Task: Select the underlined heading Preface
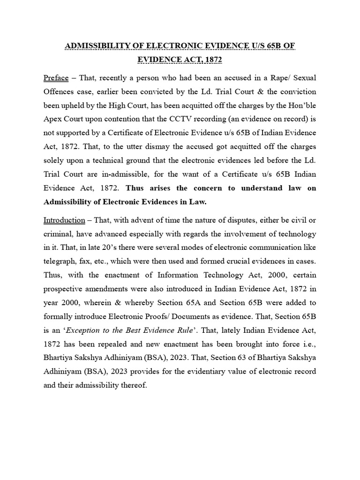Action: point(56,77)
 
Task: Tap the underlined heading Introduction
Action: point(64,220)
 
